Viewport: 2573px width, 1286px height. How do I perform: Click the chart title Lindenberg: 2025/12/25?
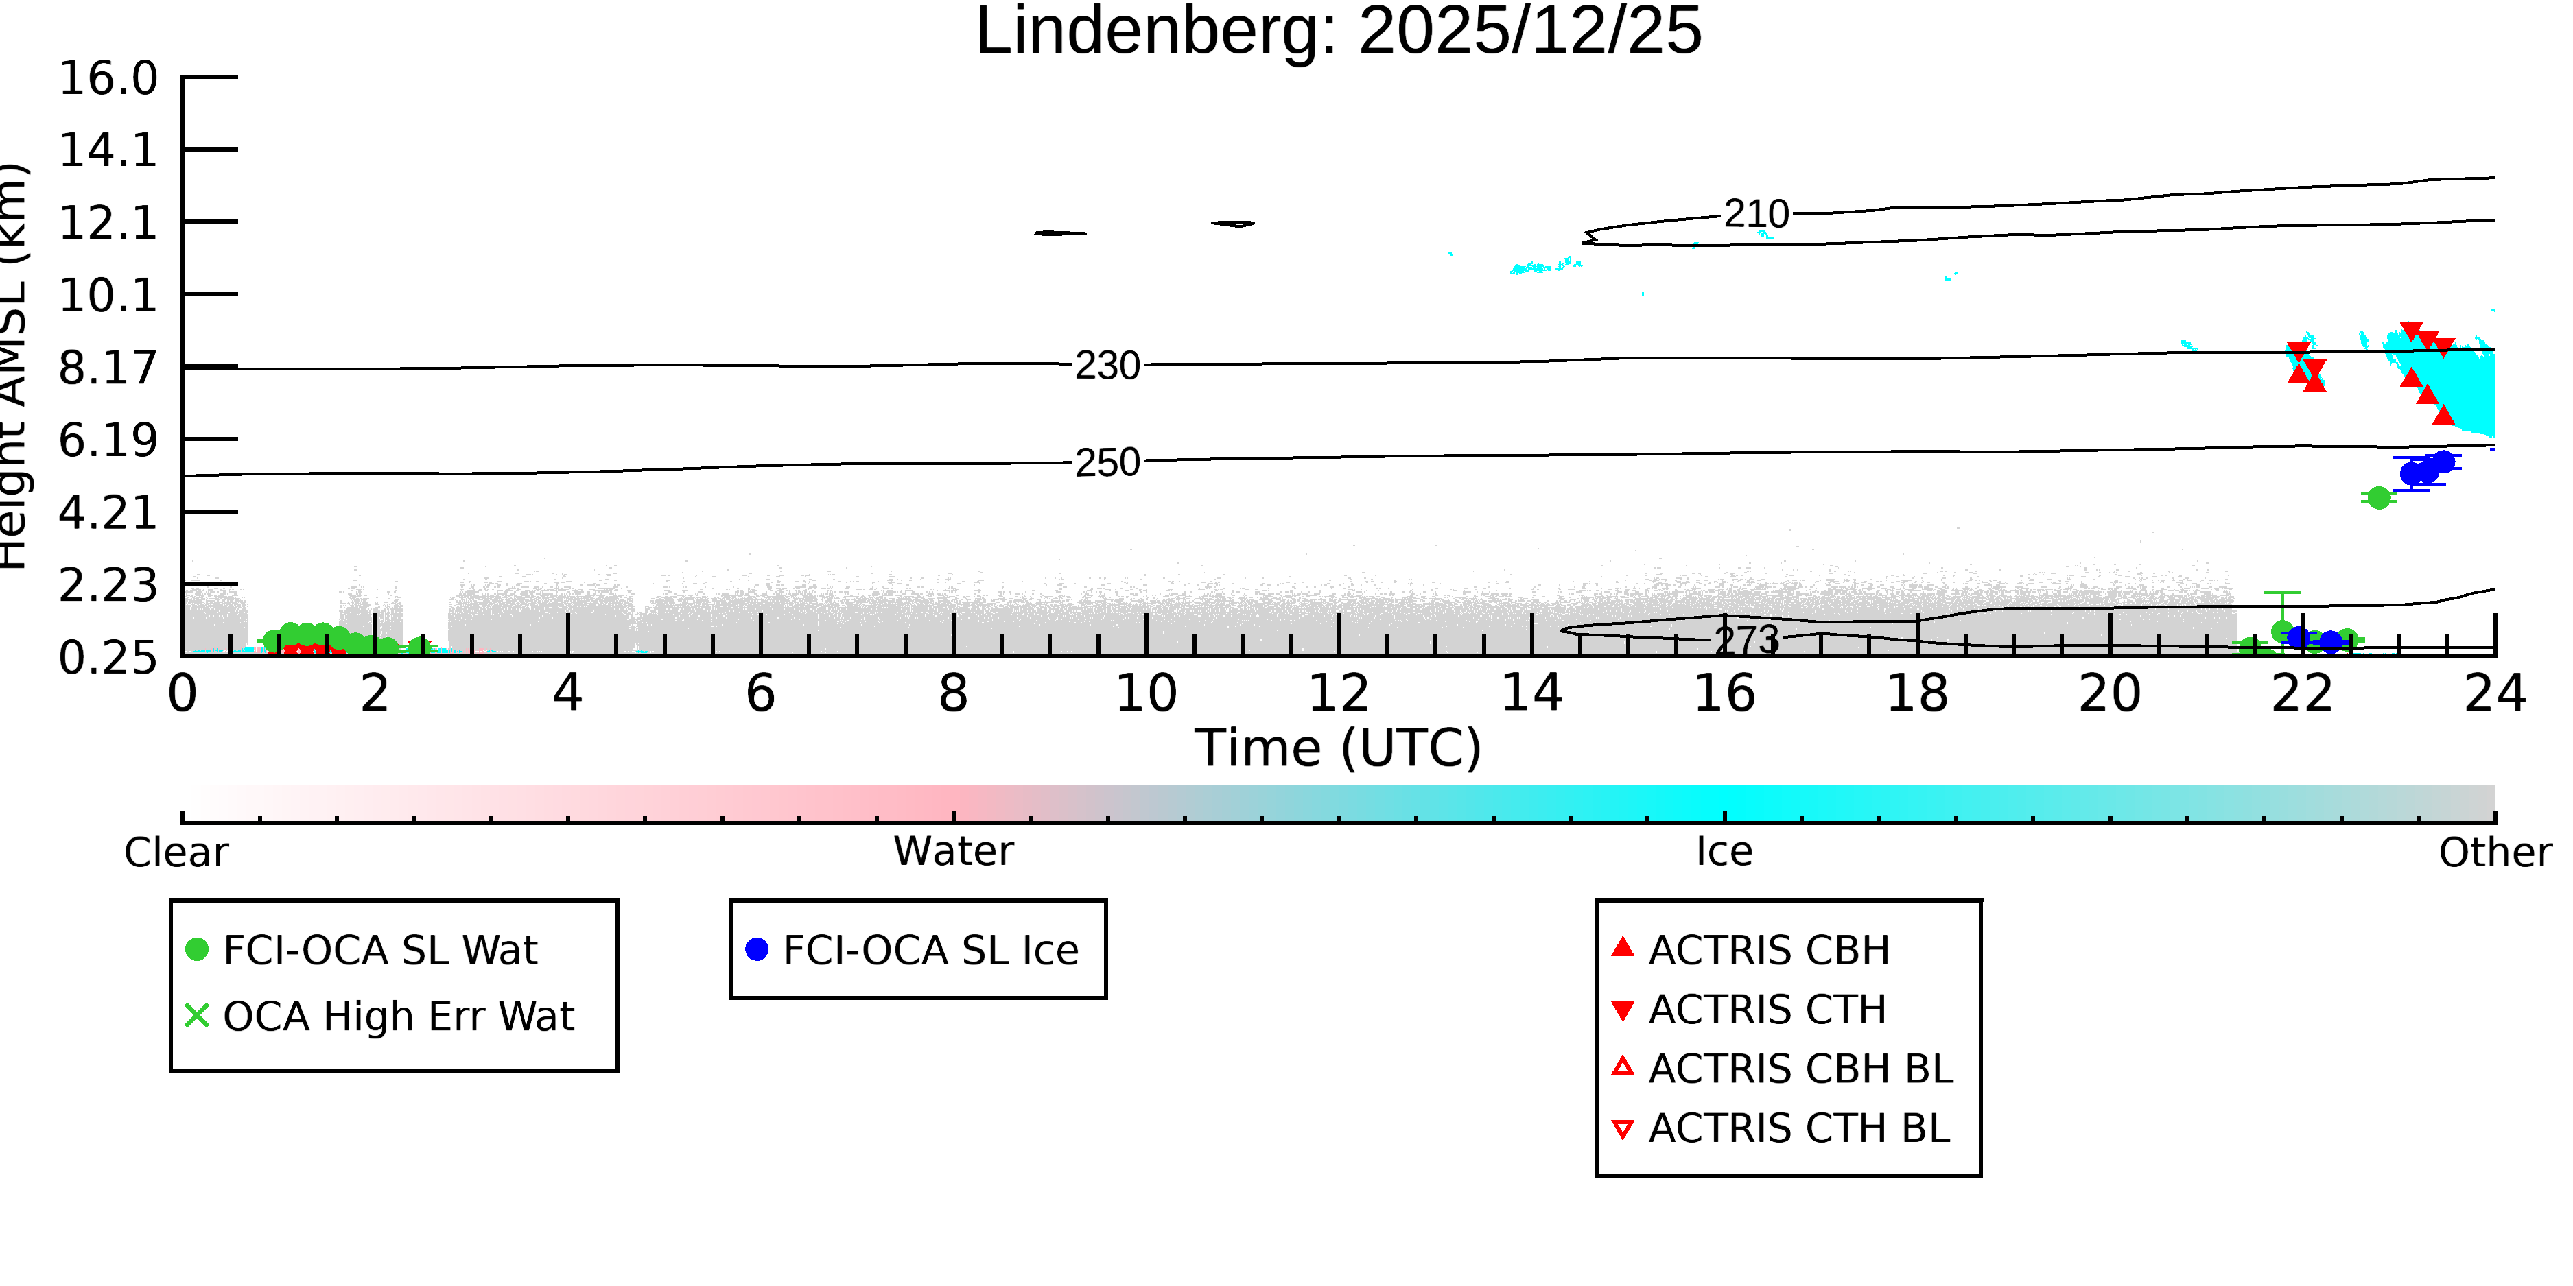1339,32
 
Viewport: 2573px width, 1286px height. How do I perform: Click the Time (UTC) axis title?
1339,748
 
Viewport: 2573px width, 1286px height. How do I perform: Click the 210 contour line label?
1757,214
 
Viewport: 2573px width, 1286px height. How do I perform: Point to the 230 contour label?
1107,366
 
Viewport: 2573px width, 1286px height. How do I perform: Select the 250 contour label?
1107,462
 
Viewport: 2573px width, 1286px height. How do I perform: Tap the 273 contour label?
1747,640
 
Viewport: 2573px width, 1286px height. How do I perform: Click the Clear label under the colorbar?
176,853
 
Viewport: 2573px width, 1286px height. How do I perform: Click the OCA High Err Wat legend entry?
379,1016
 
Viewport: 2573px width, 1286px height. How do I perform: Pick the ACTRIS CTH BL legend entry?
1781,1128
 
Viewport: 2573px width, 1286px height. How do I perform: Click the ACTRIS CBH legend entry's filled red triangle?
1623,946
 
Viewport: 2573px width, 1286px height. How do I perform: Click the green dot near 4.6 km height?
2380,497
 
